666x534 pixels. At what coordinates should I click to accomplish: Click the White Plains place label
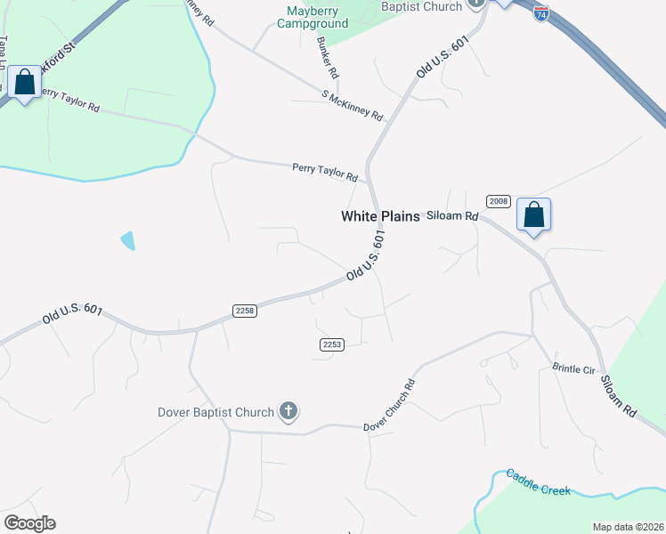[380, 216]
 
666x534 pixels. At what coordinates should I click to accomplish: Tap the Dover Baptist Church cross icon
[288, 411]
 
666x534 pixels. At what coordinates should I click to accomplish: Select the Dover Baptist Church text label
[215, 412]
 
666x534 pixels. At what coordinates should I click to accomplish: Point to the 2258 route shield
[245, 311]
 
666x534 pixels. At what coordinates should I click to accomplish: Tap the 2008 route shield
[499, 201]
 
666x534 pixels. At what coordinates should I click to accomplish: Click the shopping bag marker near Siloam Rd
[533, 214]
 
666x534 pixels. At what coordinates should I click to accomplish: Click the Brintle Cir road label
[573, 368]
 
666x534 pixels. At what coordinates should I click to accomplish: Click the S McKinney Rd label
[353, 105]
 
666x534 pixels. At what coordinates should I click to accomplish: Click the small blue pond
[127, 239]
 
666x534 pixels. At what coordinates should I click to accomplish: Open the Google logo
[29, 523]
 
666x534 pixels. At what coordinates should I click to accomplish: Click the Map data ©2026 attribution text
[628, 527]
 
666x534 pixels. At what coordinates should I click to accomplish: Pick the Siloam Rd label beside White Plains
[453, 216]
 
